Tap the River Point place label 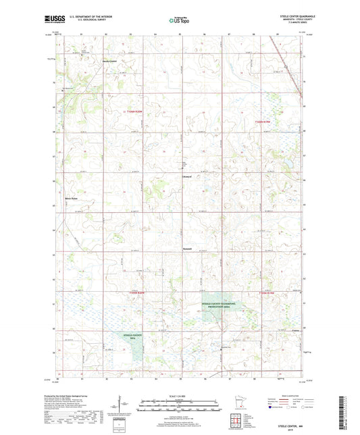pyautogui.click(x=72, y=199)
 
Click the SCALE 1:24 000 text pyautogui.click(x=180, y=395)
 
